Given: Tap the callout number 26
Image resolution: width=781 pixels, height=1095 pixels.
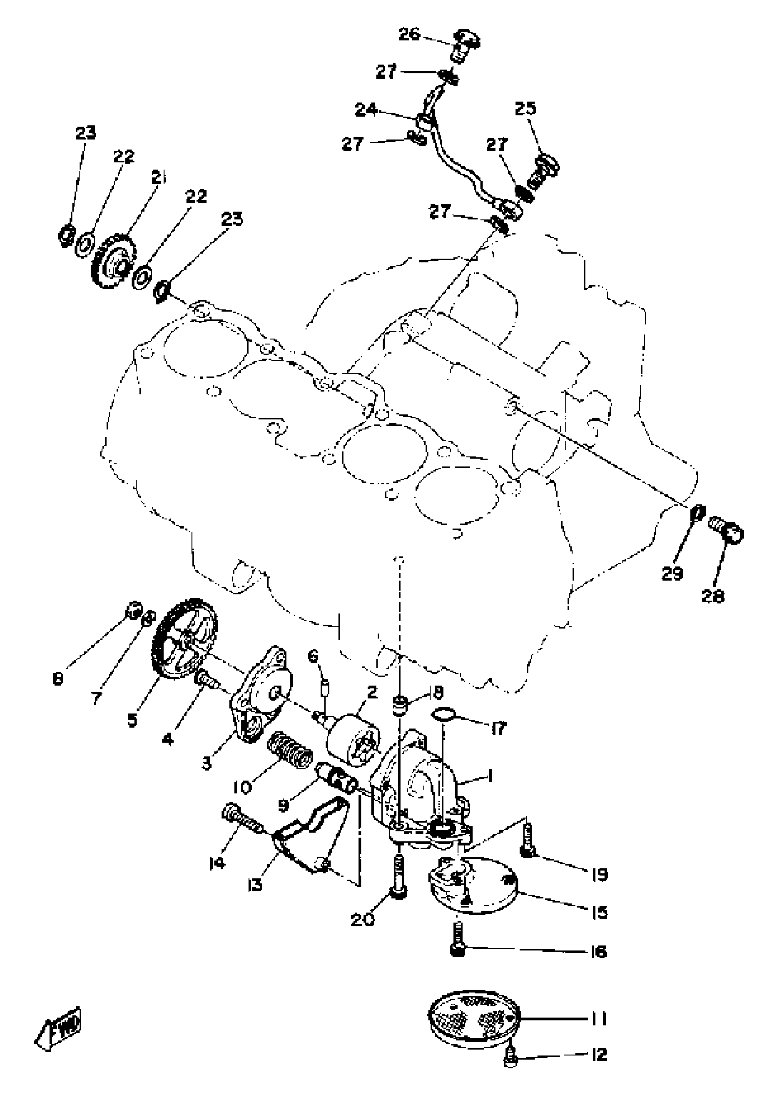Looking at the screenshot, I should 410,34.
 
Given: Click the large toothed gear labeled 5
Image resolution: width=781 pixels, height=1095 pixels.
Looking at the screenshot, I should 185,640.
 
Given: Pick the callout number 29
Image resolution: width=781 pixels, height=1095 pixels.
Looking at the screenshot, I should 672,574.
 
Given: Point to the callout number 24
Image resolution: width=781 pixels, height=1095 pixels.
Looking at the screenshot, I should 367,110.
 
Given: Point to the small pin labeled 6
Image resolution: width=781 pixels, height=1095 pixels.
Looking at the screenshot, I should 325,686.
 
